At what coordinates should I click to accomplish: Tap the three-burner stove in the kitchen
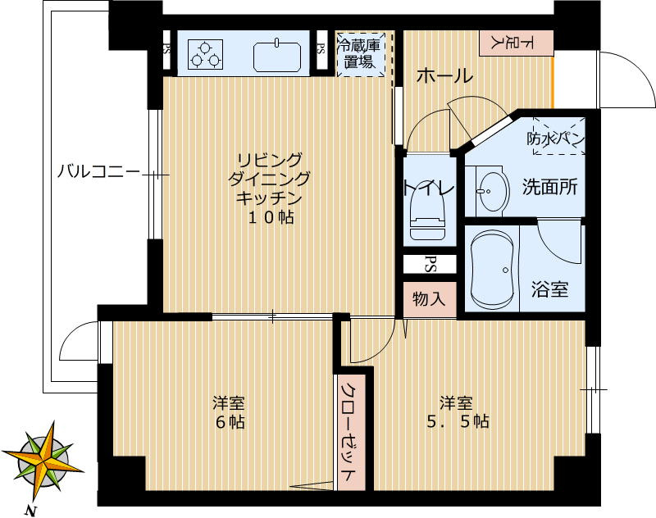coord(205,54)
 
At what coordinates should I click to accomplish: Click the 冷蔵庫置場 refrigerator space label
coord(361,54)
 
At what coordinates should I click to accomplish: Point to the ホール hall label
coord(444,76)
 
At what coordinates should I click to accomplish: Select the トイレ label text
coord(427,188)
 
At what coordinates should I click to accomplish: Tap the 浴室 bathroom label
coord(549,289)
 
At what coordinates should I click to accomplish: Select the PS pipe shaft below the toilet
coord(429,264)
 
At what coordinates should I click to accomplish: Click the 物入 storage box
coord(429,299)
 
